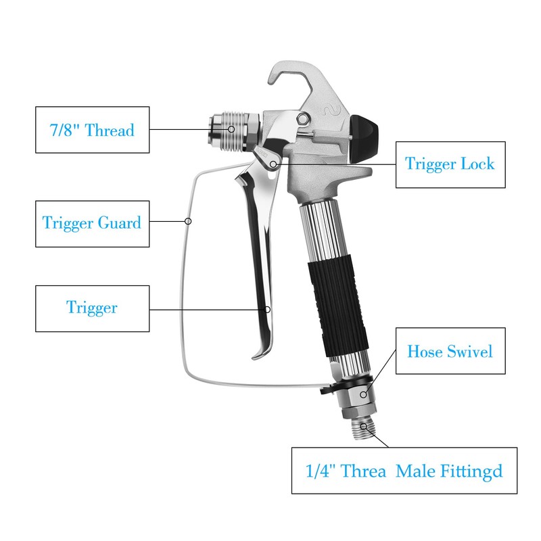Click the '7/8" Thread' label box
[x=92, y=129]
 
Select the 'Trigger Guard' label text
[x=92, y=222]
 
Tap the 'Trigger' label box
[x=92, y=308]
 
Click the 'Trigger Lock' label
[x=450, y=164]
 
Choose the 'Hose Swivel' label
[x=450, y=351]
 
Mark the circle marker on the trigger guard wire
[x=189, y=221]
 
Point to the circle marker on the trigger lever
[x=268, y=309]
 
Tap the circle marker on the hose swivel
[x=364, y=394]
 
